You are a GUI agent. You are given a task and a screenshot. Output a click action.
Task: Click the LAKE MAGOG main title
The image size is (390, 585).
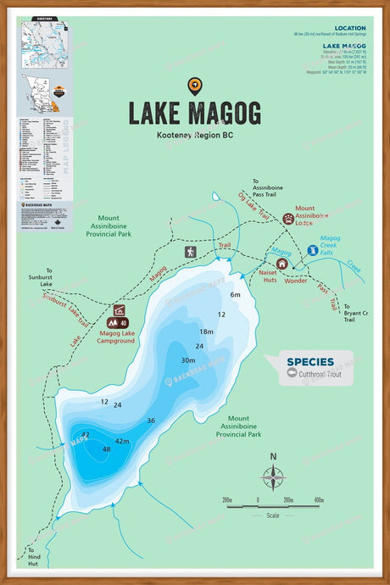[195, 113]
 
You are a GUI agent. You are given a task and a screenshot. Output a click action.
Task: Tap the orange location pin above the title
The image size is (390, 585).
[195, 85]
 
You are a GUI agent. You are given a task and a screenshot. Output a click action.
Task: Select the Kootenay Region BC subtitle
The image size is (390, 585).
[195, 136]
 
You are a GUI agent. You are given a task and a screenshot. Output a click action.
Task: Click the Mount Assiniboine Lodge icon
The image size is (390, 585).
[288, 218]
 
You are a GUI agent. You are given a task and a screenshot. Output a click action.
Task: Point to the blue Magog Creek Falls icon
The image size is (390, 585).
[313, 251]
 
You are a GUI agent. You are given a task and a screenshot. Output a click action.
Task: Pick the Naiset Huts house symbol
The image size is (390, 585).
[282, 264]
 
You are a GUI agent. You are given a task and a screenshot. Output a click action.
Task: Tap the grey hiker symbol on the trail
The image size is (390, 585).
[190, 252]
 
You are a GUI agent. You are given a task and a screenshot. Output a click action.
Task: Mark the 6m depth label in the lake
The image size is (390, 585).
[236, 295]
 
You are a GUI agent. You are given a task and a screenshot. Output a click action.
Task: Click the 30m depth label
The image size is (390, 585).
[188, 360]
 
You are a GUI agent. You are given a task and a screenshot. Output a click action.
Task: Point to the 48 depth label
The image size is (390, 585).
[106, 448]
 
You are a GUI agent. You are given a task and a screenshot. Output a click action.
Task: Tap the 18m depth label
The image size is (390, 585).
[206, 331]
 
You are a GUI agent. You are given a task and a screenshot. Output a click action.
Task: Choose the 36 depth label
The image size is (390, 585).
[151, 421]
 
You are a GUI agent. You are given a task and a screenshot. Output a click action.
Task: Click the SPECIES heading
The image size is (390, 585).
[309, 362]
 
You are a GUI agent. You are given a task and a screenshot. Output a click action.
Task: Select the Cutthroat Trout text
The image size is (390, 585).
[320, 374]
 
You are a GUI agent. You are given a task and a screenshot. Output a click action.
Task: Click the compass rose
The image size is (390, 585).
[273, 478]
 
